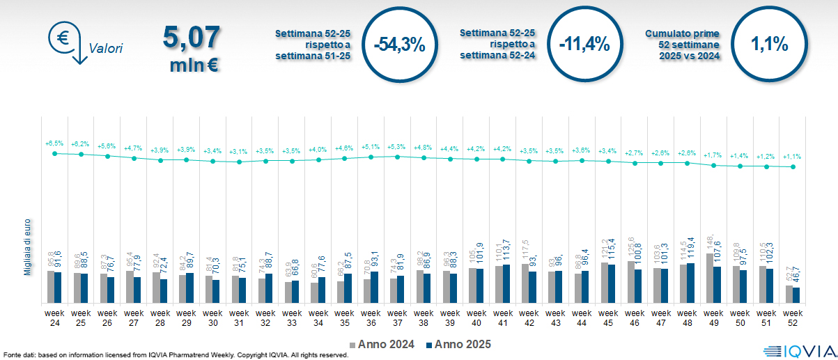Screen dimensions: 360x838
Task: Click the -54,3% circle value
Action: pyautogui.click(x=398, y=45)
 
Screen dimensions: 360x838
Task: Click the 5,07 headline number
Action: pyautogui.click(x=192, y=37)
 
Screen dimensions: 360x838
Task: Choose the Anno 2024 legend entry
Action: pyautogui.click(x=382, y=344)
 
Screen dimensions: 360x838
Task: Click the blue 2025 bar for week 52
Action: pyautogui.click(x=796, y=295)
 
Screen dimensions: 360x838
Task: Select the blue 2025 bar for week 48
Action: pyautogui.click(x=691, y=283)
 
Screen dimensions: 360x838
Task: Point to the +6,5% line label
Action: pyautogui.click(x=54, y=143)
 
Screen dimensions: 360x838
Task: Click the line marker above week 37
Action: pyautogui.click(x=397, y=157)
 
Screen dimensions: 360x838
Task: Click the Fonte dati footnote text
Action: pyautogui.click(x=174, y=355)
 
